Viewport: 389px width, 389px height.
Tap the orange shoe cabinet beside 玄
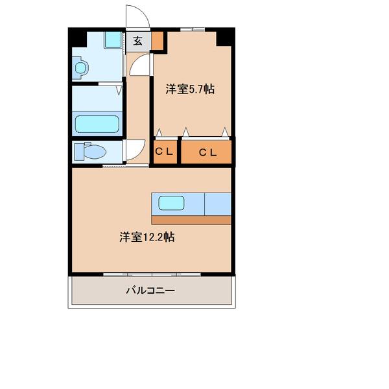(158, 41)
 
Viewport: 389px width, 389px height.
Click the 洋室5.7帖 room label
(190, 90)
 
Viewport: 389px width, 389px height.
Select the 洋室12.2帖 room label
(146, 237)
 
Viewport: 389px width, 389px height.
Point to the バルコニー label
(150, 291)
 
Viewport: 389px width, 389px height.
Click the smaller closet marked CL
(165, 152)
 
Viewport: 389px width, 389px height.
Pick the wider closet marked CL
(207, 152)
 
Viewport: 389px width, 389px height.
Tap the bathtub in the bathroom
(97, 124)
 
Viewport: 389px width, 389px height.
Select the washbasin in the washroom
(80, 67)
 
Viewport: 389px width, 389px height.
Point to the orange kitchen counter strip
(191, 220)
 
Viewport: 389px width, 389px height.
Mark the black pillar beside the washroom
(78, 37)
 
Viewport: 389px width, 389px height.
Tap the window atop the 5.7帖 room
(192, 29)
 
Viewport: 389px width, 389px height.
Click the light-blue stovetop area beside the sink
(218, 204)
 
